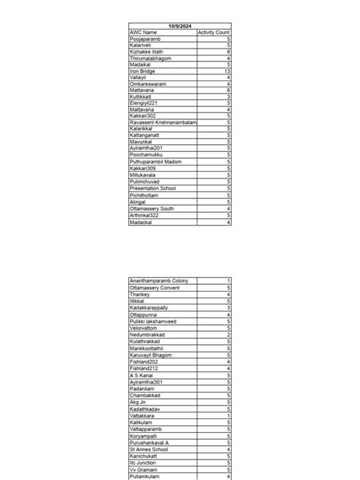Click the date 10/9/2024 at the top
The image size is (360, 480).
pos(179,26)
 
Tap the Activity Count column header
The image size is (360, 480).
pos(213,33)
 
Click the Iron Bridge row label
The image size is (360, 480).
pos(144,71)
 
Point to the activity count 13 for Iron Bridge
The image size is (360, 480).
pos(226,71)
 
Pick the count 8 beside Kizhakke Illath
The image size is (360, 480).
pos(228,52)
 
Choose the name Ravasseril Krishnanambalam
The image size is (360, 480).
pos(163,122)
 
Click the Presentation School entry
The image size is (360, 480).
pos(153,188)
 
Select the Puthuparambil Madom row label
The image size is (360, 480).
pos(155,162)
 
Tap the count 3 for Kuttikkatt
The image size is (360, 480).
pos(228,96)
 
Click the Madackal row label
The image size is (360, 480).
pos(141,222)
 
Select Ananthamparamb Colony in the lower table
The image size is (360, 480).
pos(159,281)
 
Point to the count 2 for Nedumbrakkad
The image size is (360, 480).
pos(228,334)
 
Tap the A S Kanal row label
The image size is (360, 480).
pos(141,374)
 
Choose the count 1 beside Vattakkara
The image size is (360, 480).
pos(228,415)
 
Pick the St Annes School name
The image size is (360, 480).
pos(149,449)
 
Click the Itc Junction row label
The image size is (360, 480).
pos(144,463)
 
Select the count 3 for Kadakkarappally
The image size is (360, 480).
pos(228,308)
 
